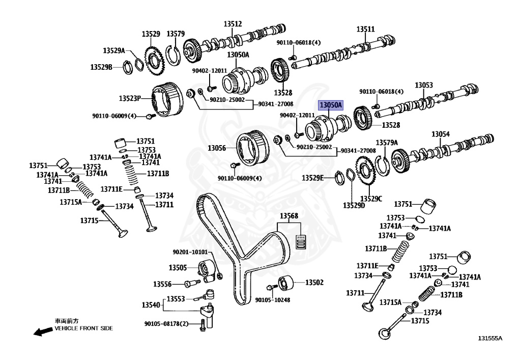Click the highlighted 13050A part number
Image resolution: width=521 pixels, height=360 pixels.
pos(331,105)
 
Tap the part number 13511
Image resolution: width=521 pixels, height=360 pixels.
pos(365,29)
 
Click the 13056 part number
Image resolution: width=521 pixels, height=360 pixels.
pos(216,148)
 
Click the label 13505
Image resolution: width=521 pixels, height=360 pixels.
pos(178,267)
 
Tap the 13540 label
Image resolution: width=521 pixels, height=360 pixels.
pos(151,305)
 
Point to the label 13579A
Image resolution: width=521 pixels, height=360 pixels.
pos(387,143)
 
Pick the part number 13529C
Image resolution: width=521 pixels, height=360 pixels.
pos(371,198)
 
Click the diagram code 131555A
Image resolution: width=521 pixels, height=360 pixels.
pos(489,338)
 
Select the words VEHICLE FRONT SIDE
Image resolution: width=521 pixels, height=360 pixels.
pos(84,328)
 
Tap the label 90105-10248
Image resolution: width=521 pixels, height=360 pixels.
pos(273,300)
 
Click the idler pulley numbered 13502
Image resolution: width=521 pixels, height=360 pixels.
pos(285,282)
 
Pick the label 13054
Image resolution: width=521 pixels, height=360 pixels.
pos(441,134)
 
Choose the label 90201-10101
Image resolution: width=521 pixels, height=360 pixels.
pos(190,252)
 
